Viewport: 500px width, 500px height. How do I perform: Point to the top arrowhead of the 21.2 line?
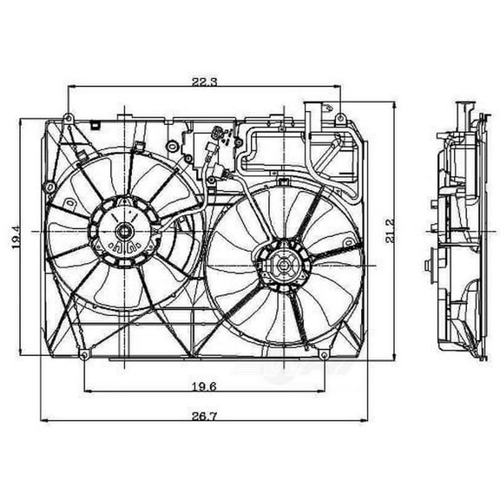pyautogui.click(x=394, y=103)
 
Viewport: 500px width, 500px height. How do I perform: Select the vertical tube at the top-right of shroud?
pyautogui.click(x=311, y=116)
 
